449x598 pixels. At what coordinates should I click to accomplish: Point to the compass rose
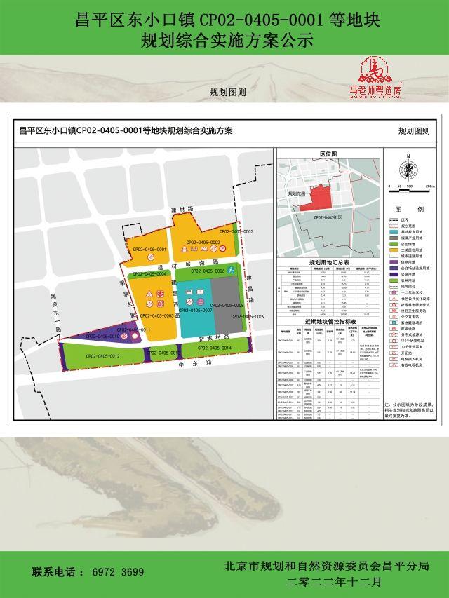[x=406, y=168]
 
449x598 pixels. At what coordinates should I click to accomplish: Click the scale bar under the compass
[x=406, y=186]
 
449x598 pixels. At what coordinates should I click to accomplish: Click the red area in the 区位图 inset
[x=316, y=198]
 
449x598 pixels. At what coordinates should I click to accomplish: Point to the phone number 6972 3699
[x=118, y=572]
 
